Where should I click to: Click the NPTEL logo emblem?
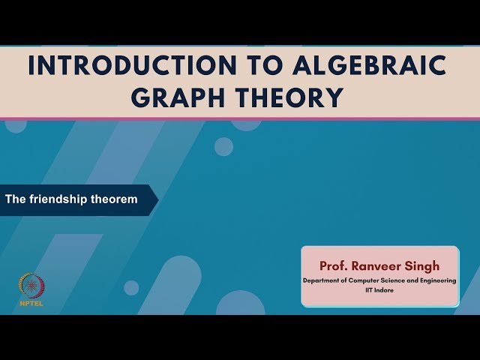[31, 284]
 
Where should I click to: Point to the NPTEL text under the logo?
[31, 304]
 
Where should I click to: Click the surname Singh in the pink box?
[425, 265]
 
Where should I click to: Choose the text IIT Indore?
[379, 289]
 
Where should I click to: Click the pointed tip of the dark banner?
[157, 200]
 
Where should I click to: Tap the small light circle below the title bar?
[223, 146]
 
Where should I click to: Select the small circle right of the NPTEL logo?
[131, 288]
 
